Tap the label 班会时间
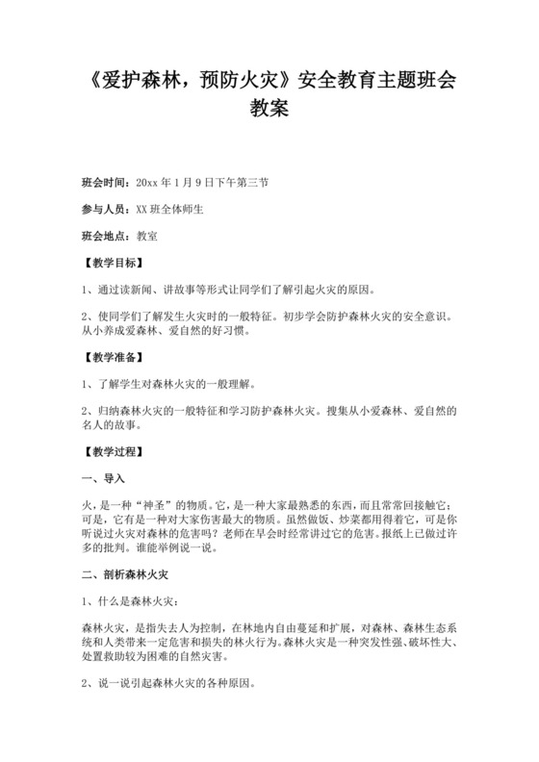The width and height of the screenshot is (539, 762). [x=106, y=180]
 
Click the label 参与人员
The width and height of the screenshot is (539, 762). [x=106, y=207]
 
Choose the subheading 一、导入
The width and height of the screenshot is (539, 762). [x=105, y=476]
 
